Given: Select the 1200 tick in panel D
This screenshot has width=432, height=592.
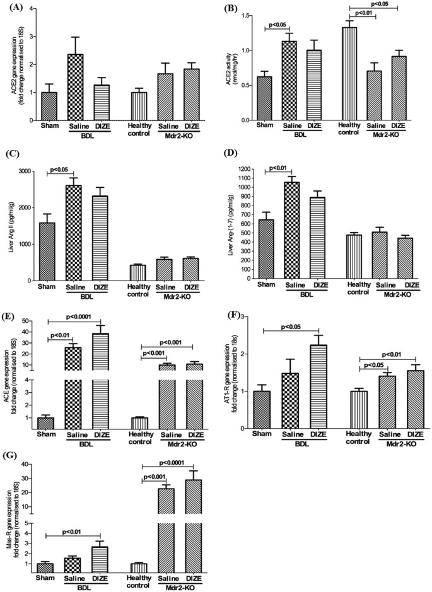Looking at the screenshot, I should [247, 170].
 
